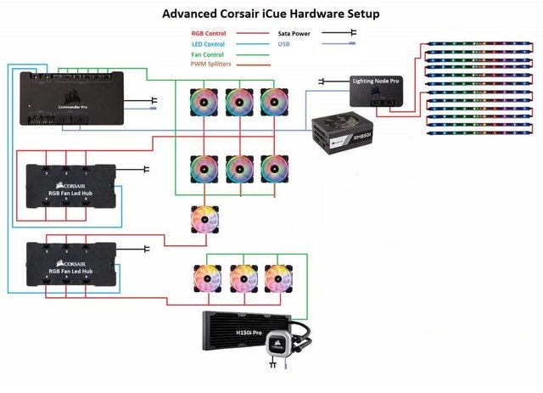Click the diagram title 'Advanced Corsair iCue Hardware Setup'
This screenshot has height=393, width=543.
(x=271, y=14)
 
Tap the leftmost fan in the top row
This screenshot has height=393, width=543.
(x=204, y=101)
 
